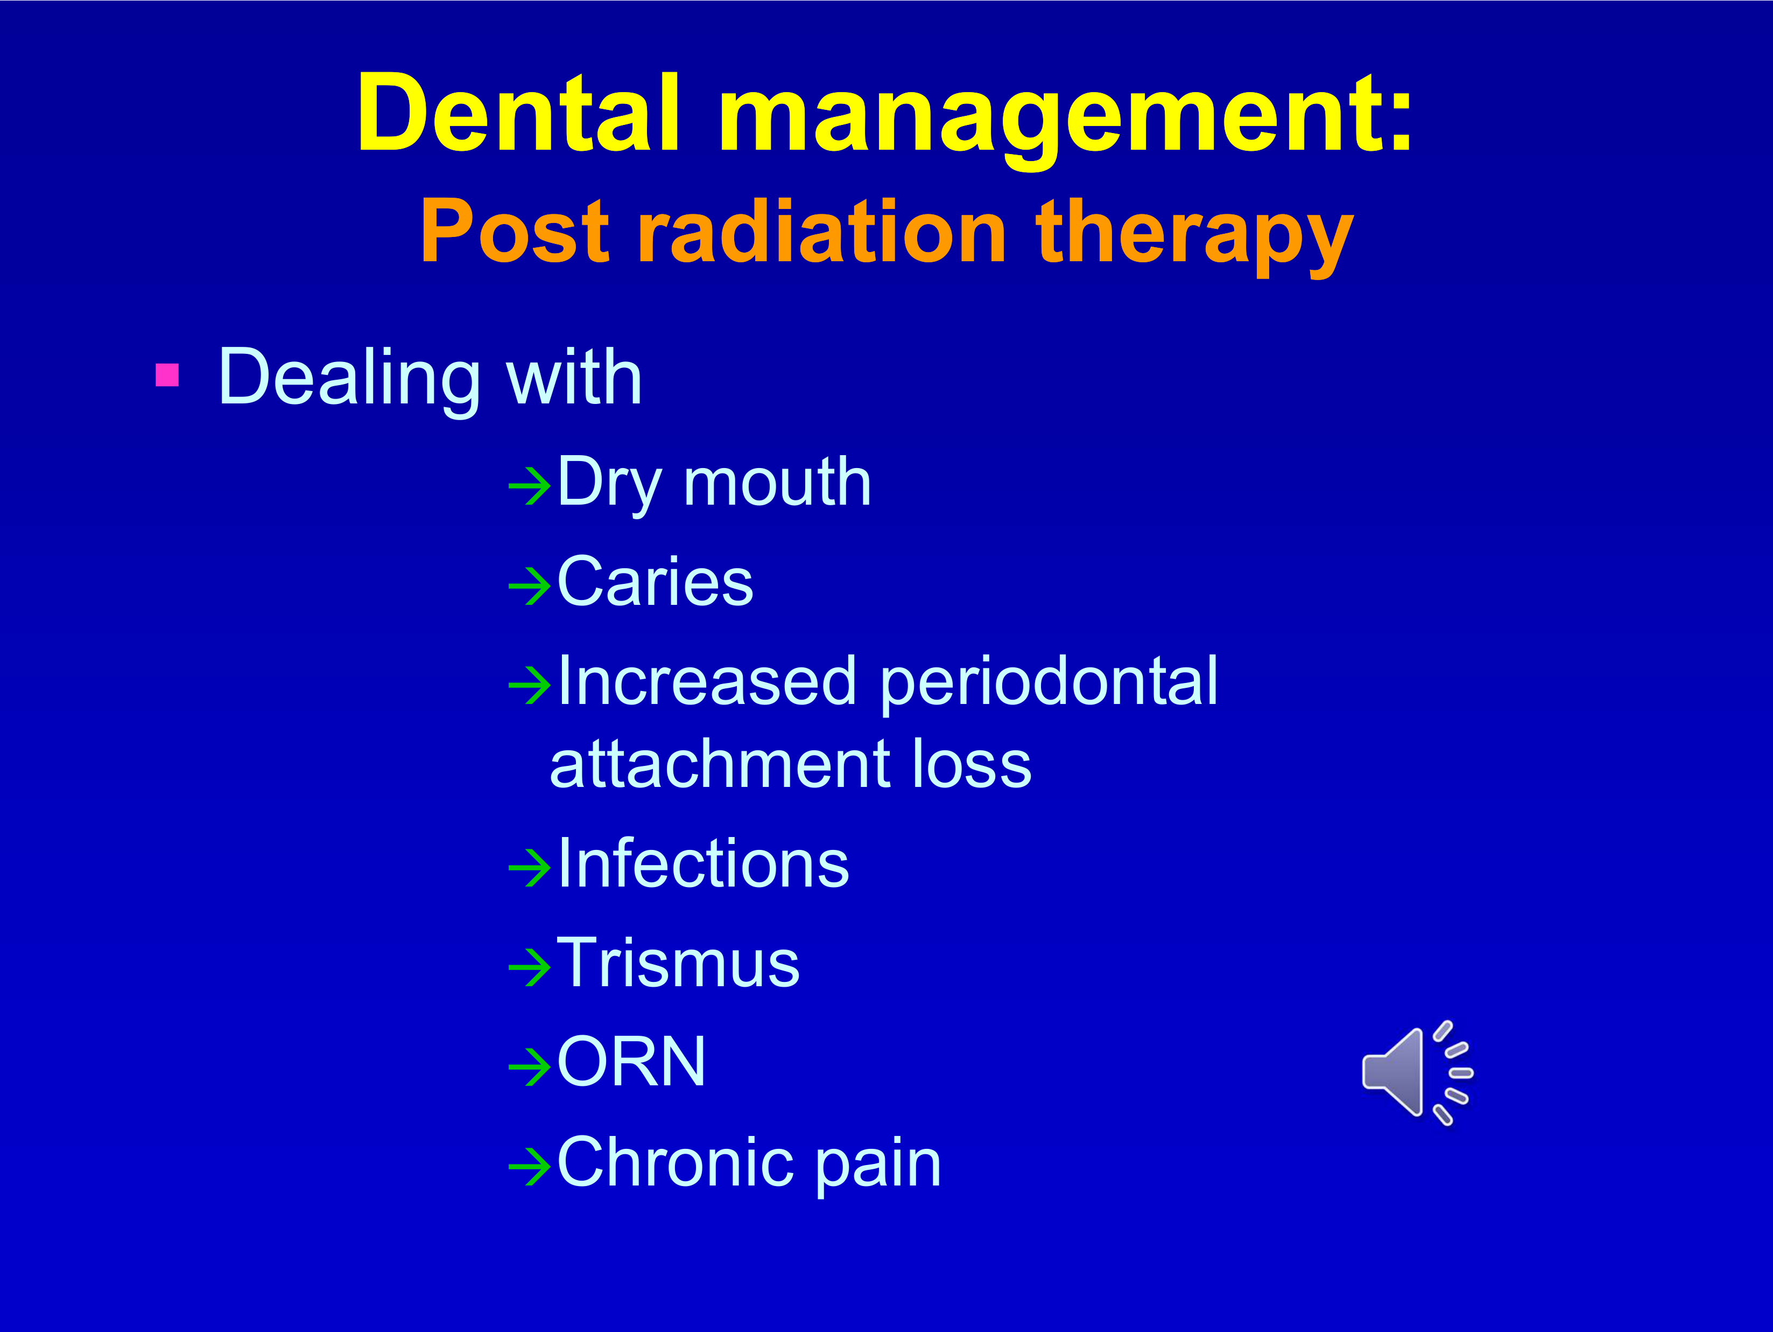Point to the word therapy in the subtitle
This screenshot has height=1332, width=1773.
pos(1195,236)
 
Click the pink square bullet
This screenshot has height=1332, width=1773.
pos(167,374)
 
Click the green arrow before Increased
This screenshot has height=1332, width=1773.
pos(530,685)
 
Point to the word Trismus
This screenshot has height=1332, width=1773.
pos(678,963)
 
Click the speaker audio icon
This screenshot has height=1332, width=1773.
pos(1417,1073)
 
